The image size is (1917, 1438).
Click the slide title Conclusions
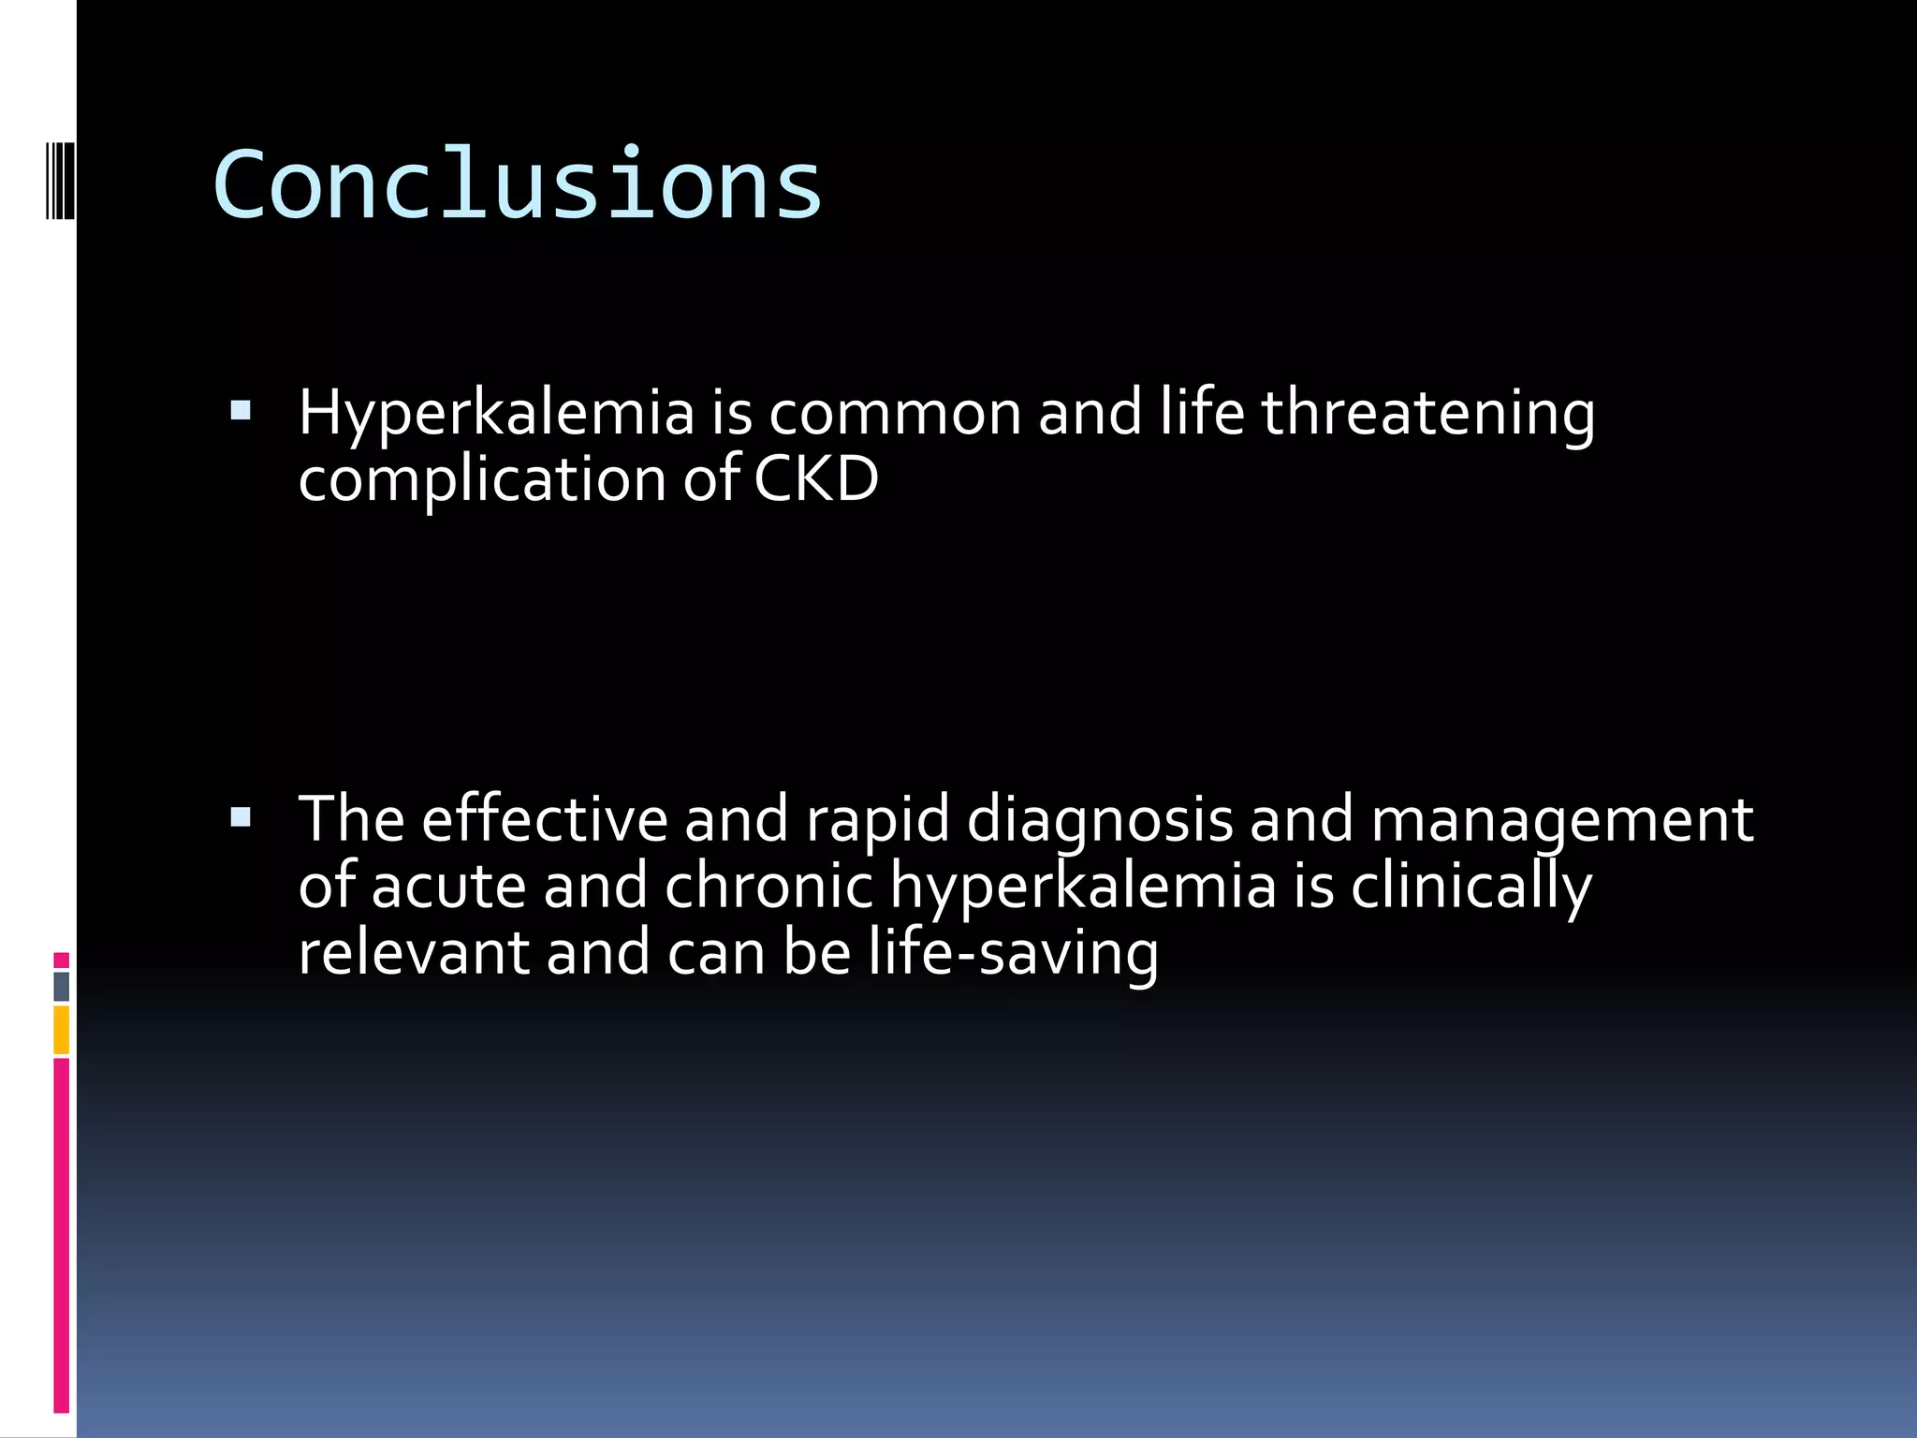tap(517, 185)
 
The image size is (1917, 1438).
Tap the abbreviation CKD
tap(815, 478)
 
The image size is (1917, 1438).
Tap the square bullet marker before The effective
tap(241, 818)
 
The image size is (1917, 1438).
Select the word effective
tap(544, 818)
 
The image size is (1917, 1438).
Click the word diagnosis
tap(1099, 818)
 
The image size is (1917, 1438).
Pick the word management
tap(1561, 818)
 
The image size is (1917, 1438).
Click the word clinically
tap(1470, 886)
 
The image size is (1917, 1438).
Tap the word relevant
tap(413, 952)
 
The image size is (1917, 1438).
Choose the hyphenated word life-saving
tap(1013, 952)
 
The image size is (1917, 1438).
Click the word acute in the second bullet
tap(448, 886)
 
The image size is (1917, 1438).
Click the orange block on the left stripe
tap(61, 1030)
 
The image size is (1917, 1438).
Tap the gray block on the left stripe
tap(61, 986)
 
